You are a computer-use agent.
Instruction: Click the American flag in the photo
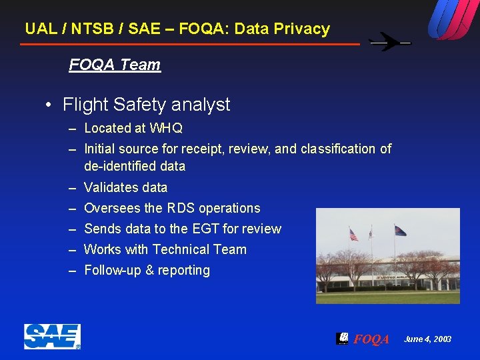353,235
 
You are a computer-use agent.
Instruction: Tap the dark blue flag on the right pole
400,231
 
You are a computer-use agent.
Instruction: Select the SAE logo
52,336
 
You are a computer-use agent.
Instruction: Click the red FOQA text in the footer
371,339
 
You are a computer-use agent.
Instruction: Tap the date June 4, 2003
427,339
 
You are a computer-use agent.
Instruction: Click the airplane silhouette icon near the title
390,43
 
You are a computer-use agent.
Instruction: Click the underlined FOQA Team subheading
115,65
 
